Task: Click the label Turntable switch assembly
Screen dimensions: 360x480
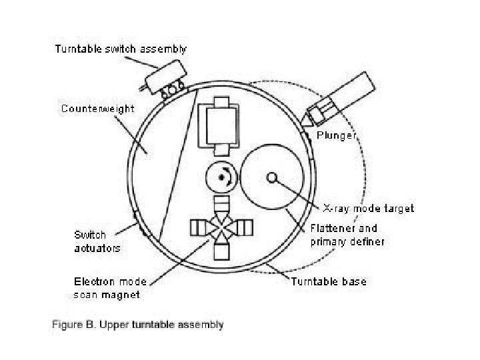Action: click(x=120, y=49)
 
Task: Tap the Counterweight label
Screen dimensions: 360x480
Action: click(x=98, y=108)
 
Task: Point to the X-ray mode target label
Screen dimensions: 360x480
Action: click(x=368, y=209)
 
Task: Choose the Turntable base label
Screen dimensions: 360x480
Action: click(x=328, y=281)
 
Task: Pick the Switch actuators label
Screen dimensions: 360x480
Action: click(x=97, y=241)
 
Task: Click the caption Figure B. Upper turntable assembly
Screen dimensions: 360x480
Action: click(x=138, y=325)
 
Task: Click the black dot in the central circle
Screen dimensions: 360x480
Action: click(x=220, y=177)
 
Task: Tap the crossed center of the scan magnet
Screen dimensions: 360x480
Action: click(x=223, y=228)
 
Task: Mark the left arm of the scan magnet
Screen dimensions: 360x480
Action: click(x=198, y=228)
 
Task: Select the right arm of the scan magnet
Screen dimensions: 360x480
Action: click(x=247, y=228)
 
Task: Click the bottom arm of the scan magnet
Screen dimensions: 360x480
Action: click(x=223, y=252)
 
